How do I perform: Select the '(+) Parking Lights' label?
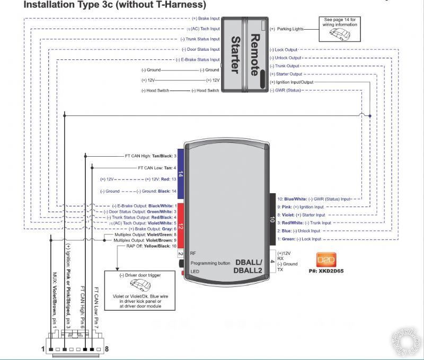(289, 29)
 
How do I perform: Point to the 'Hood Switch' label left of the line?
(155, 91)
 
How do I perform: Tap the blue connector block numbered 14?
(180, 173)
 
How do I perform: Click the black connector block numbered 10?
(272, 218)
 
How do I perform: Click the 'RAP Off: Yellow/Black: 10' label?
(152, 246)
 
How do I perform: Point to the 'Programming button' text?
(210, 263)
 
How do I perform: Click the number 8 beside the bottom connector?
(107, 349)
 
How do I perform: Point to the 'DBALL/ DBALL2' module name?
(249, 266)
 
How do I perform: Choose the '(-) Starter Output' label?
(286, 74)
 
